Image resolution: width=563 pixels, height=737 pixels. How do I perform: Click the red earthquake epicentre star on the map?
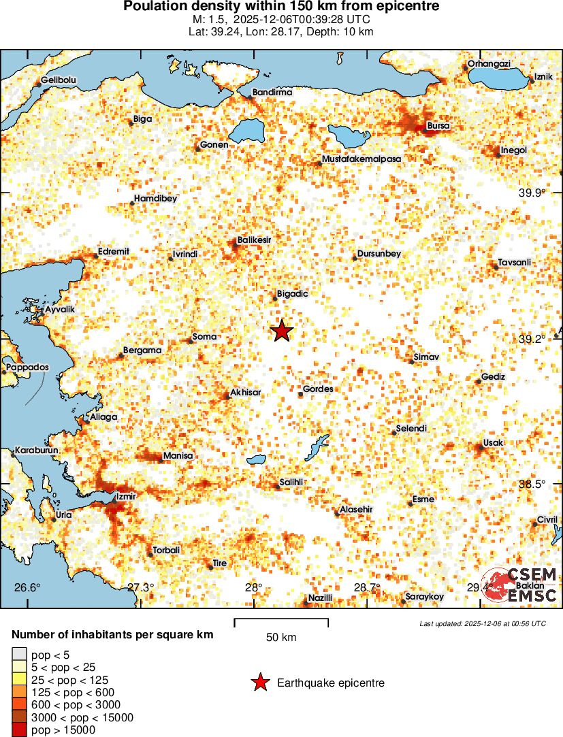tap(282, 331)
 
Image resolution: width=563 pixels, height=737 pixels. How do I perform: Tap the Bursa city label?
tap(438, 125)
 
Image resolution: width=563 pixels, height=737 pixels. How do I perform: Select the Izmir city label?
tap(127, 495)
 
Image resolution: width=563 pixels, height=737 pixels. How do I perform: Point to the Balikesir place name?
tap(254, 240)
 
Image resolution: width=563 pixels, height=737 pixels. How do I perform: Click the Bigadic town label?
tap(293, 294)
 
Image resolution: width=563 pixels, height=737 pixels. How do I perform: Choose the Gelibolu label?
tap(59, 80)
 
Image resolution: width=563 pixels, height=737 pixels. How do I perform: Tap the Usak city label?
tap(492, 443)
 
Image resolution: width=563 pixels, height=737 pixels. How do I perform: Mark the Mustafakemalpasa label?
tap(361, 159)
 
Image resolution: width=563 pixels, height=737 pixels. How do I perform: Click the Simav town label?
tap(427, 357)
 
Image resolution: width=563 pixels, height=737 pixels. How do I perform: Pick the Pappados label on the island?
tap(28, 367)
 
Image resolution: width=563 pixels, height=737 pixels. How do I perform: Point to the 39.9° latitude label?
tap(532, 193)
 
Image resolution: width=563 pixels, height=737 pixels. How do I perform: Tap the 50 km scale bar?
tap(281, 623)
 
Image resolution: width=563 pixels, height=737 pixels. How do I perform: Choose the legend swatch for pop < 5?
tap(20, 655)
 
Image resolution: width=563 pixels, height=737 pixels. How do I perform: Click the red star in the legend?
tap(259, 683)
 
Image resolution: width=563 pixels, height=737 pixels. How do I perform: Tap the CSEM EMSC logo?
tap(520, 584)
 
